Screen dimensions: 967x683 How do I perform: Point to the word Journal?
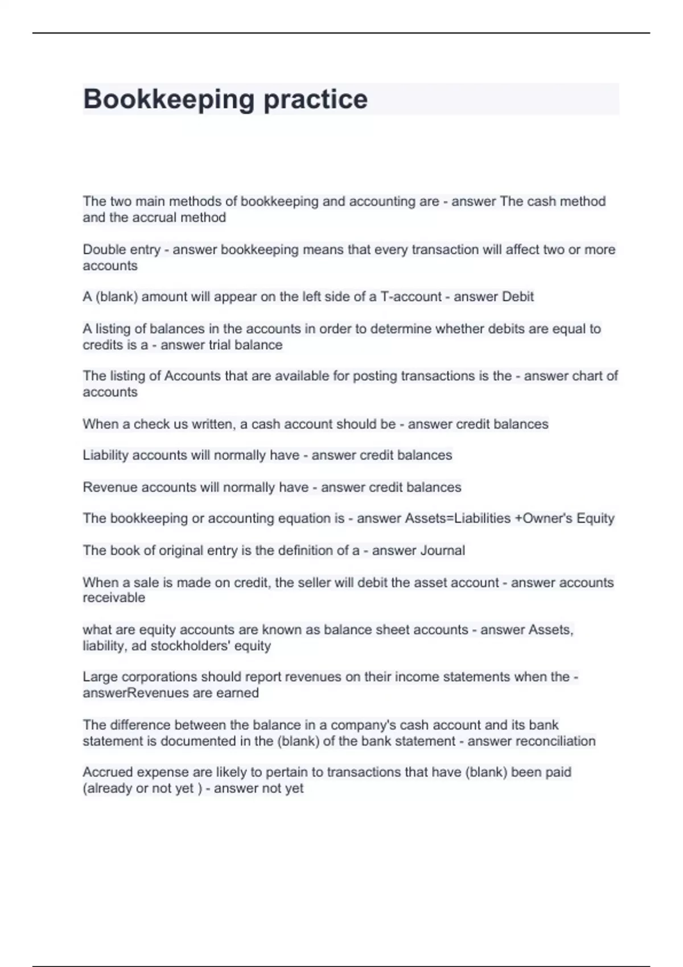point(442,551)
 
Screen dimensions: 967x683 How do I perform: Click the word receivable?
point(114,598)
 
